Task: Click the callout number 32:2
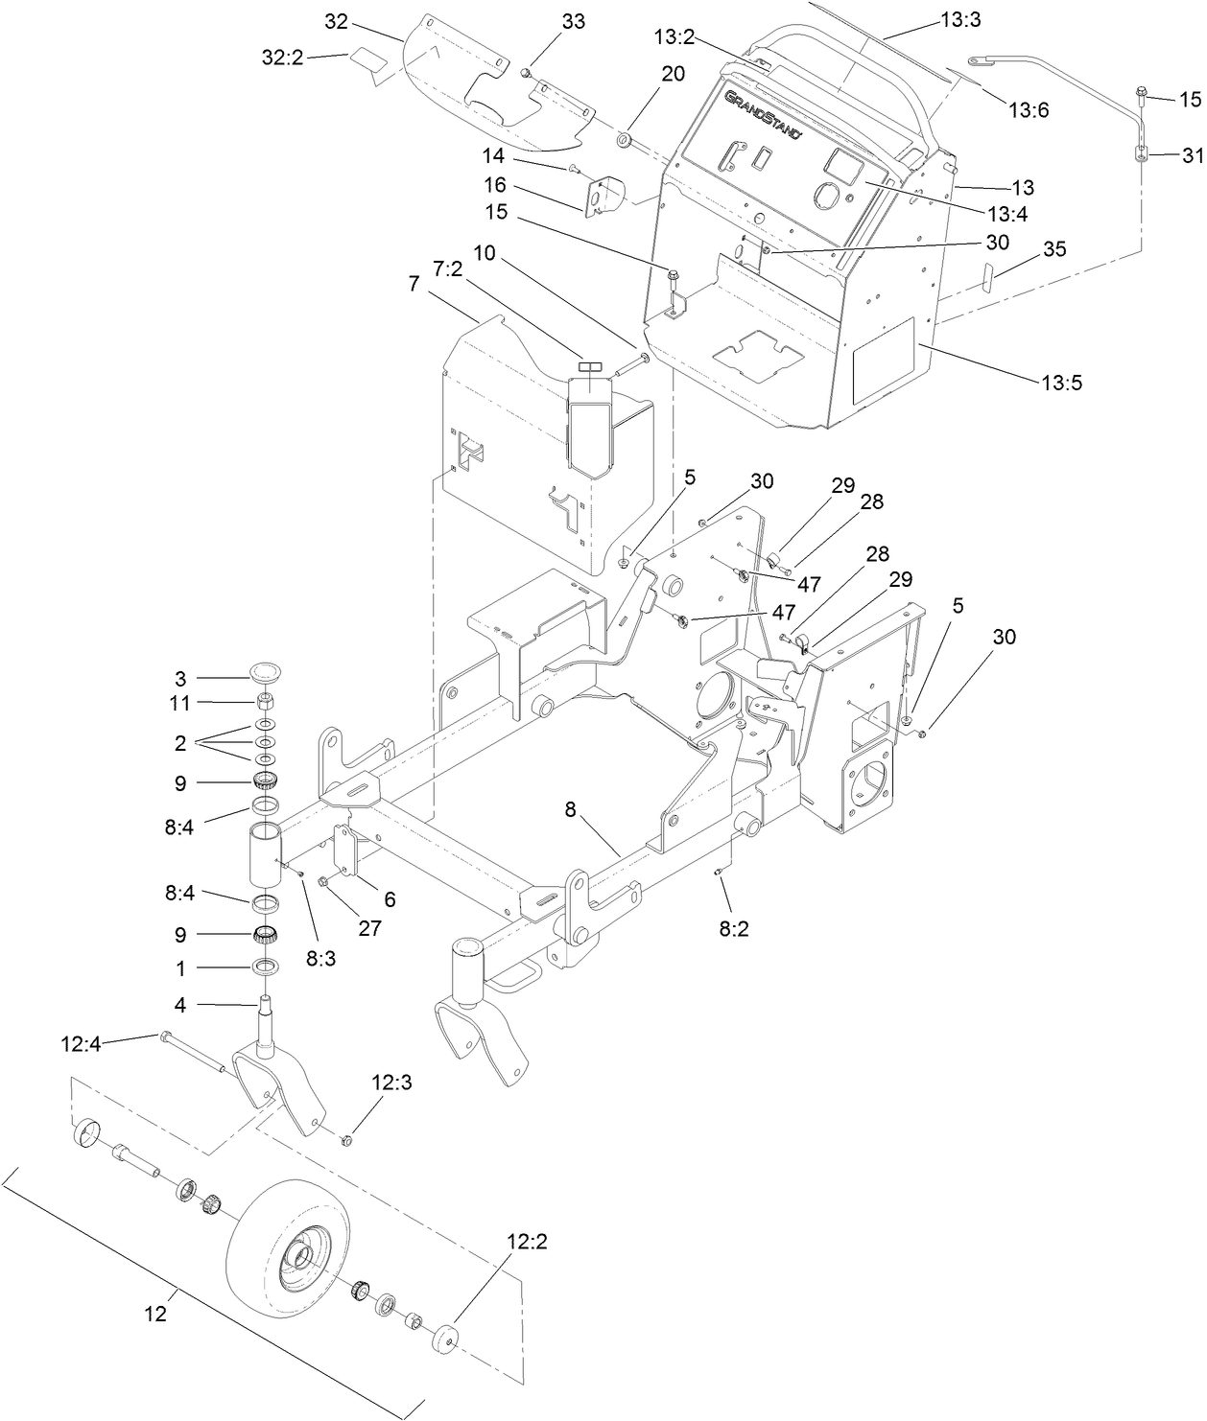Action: tap(282, 58)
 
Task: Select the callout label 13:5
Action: tap(1061, 383)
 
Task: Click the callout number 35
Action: tap(1054, 249)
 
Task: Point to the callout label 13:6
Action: tap(1029, 109)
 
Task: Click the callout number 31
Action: tap(1191, 154)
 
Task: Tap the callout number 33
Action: tap(573, 21)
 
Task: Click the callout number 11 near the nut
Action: tap(179, 703)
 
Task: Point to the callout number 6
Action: tap(390, 900)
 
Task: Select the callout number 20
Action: tap(673, 73)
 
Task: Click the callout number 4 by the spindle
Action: tap(179, 1006)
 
